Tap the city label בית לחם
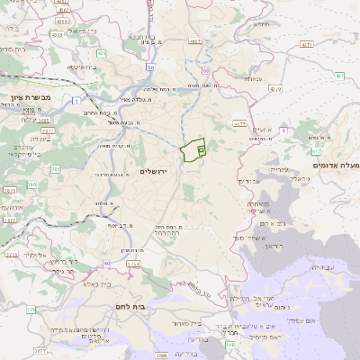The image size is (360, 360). click(x=131, y=306)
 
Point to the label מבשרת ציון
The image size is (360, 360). click(x=19, y=97)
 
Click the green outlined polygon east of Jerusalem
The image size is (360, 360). click(x=192, y=150)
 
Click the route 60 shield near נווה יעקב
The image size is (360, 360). click(x=206, y=69)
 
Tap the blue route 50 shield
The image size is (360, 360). click(x=150, y=67)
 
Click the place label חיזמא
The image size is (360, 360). click(x=262, y=24)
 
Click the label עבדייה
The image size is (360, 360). click(x=320, y=268)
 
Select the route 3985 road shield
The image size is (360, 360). click(x=48, y=130)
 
